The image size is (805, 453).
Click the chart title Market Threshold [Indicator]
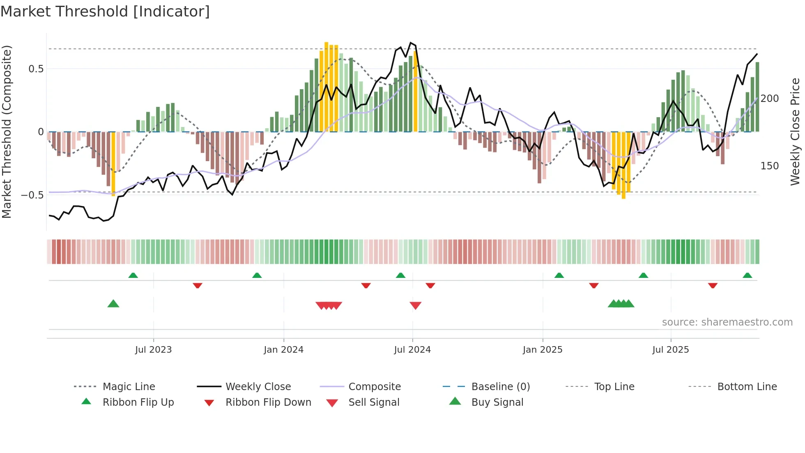pyautogui.click(x=105, y=12)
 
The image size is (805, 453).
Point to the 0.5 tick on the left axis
pyautogui.click(x=36, y=69)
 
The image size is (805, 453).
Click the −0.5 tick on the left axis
pyautogui.click(x=32, y=195)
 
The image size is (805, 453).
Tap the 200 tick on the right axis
pyautogui.click(x=769, y=99)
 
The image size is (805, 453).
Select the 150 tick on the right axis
pyautogui.click(x=769, y=166)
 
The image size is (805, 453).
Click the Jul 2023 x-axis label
pyautogui.click(x=153, y=350)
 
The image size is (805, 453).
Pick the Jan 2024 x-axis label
pyautogui.click(x=283, y=350)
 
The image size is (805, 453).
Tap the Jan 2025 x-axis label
pyautogui.click(x=542, y=350)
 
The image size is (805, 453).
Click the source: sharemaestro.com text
pyautogui.click(x=727, y=322)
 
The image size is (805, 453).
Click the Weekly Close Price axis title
pyautogui.click(x=795, y=132)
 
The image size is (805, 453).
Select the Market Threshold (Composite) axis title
pyautogui.click(x=7, y=132)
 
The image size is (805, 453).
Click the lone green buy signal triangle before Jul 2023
pyautogui.click(x=113, y=304)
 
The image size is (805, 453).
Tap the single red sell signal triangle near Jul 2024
pyautogui.click(x=415, y=305)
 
